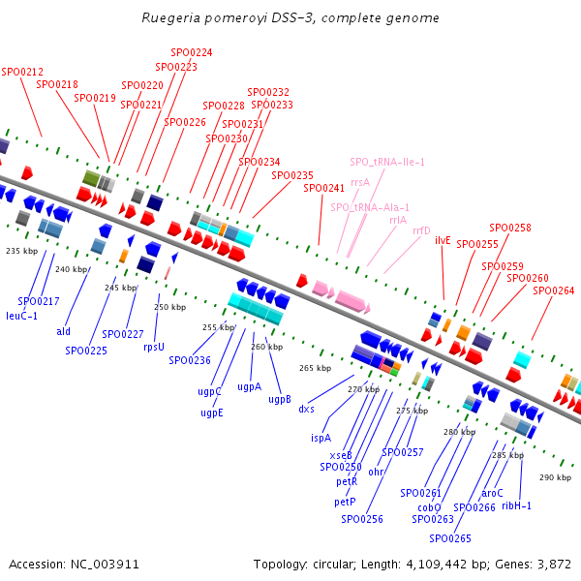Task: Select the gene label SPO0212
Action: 22,72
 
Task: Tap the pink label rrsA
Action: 360,181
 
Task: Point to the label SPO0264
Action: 553,290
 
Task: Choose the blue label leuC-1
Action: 21,316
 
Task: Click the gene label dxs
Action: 306,409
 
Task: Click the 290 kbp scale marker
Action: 555,477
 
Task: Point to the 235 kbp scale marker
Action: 20,251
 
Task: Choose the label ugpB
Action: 280,399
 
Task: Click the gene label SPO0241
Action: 323,188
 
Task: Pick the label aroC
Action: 493,493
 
